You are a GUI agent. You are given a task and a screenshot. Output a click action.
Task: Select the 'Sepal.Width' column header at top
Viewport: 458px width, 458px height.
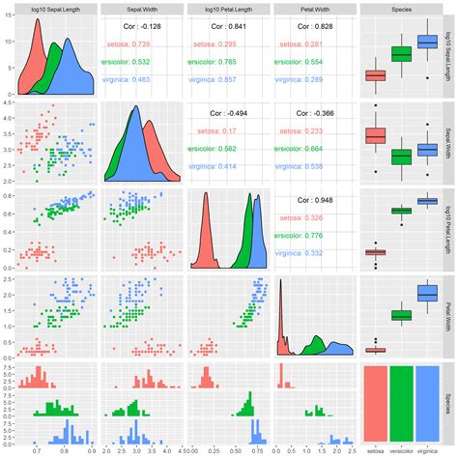coord(142,9)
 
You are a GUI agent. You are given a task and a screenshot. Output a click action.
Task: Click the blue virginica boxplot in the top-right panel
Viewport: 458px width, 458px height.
coord(425,42)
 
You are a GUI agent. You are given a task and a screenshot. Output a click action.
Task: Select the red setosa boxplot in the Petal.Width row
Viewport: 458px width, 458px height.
coord(374,350)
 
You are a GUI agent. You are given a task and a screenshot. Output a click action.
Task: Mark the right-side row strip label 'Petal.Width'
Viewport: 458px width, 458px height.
coord(450,314)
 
